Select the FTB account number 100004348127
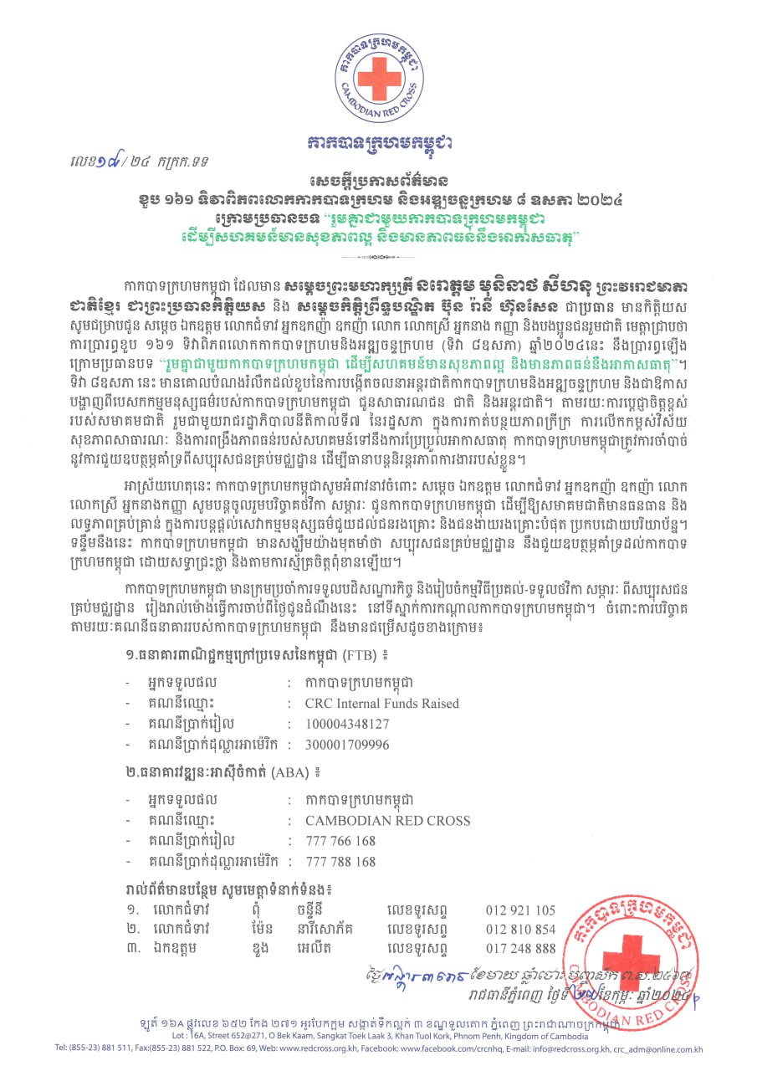tap(347, 723)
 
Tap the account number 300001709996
tap(347, 744)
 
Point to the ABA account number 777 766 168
tap(340, 841)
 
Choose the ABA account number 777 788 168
tap(340, 862)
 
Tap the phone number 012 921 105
tap(520, 910)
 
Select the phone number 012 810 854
tap(520, 929)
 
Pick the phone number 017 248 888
tap(520, 947)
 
